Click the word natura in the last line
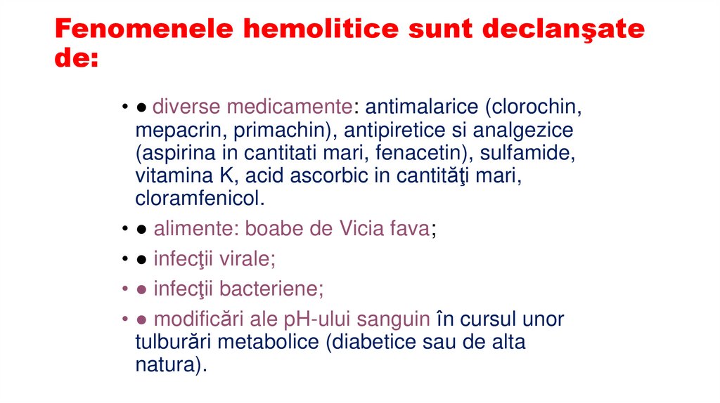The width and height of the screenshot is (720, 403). [x=167, y=365]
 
